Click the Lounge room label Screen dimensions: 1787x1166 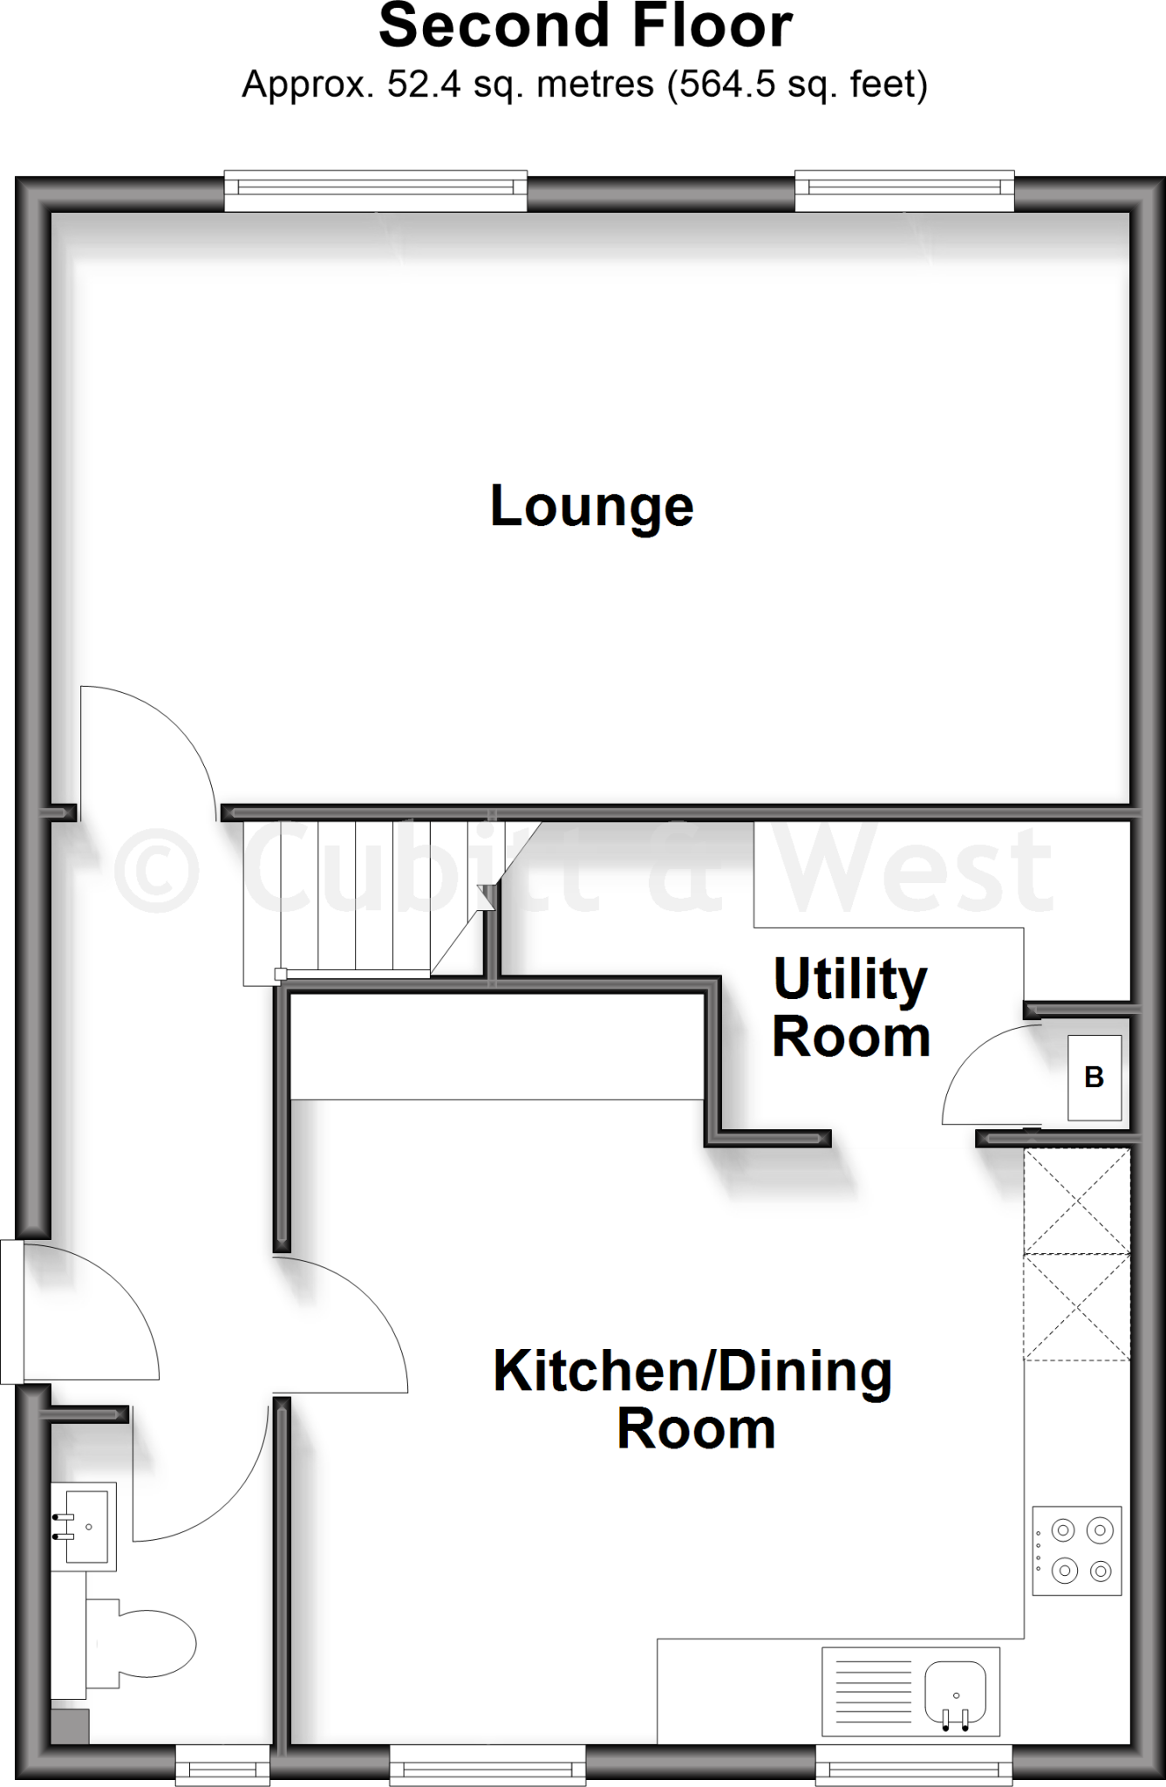[591, 506]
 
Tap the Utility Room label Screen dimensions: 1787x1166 [850, 1007]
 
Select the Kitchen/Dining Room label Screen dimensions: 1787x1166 [693, 1400]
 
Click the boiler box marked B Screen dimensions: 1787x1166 [1094, 1078]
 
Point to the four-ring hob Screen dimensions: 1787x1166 [1077, 1551]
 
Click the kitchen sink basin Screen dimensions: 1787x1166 [957, 1693]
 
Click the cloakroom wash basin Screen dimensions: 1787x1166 [84, 1527]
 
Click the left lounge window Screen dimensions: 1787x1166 [376, 190]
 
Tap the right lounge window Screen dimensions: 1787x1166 [904, 190]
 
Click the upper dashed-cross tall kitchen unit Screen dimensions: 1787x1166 [1077, 1202]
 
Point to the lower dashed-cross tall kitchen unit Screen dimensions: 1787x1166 [1077, 1306]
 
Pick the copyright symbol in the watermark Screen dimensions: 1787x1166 [157, 870]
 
